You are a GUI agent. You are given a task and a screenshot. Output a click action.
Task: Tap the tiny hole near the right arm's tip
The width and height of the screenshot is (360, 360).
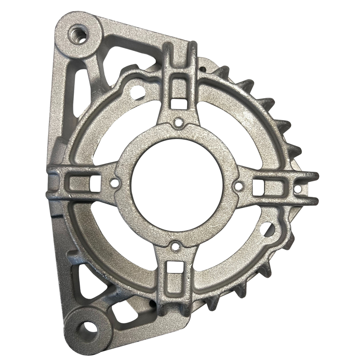(x=298, y=189)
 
